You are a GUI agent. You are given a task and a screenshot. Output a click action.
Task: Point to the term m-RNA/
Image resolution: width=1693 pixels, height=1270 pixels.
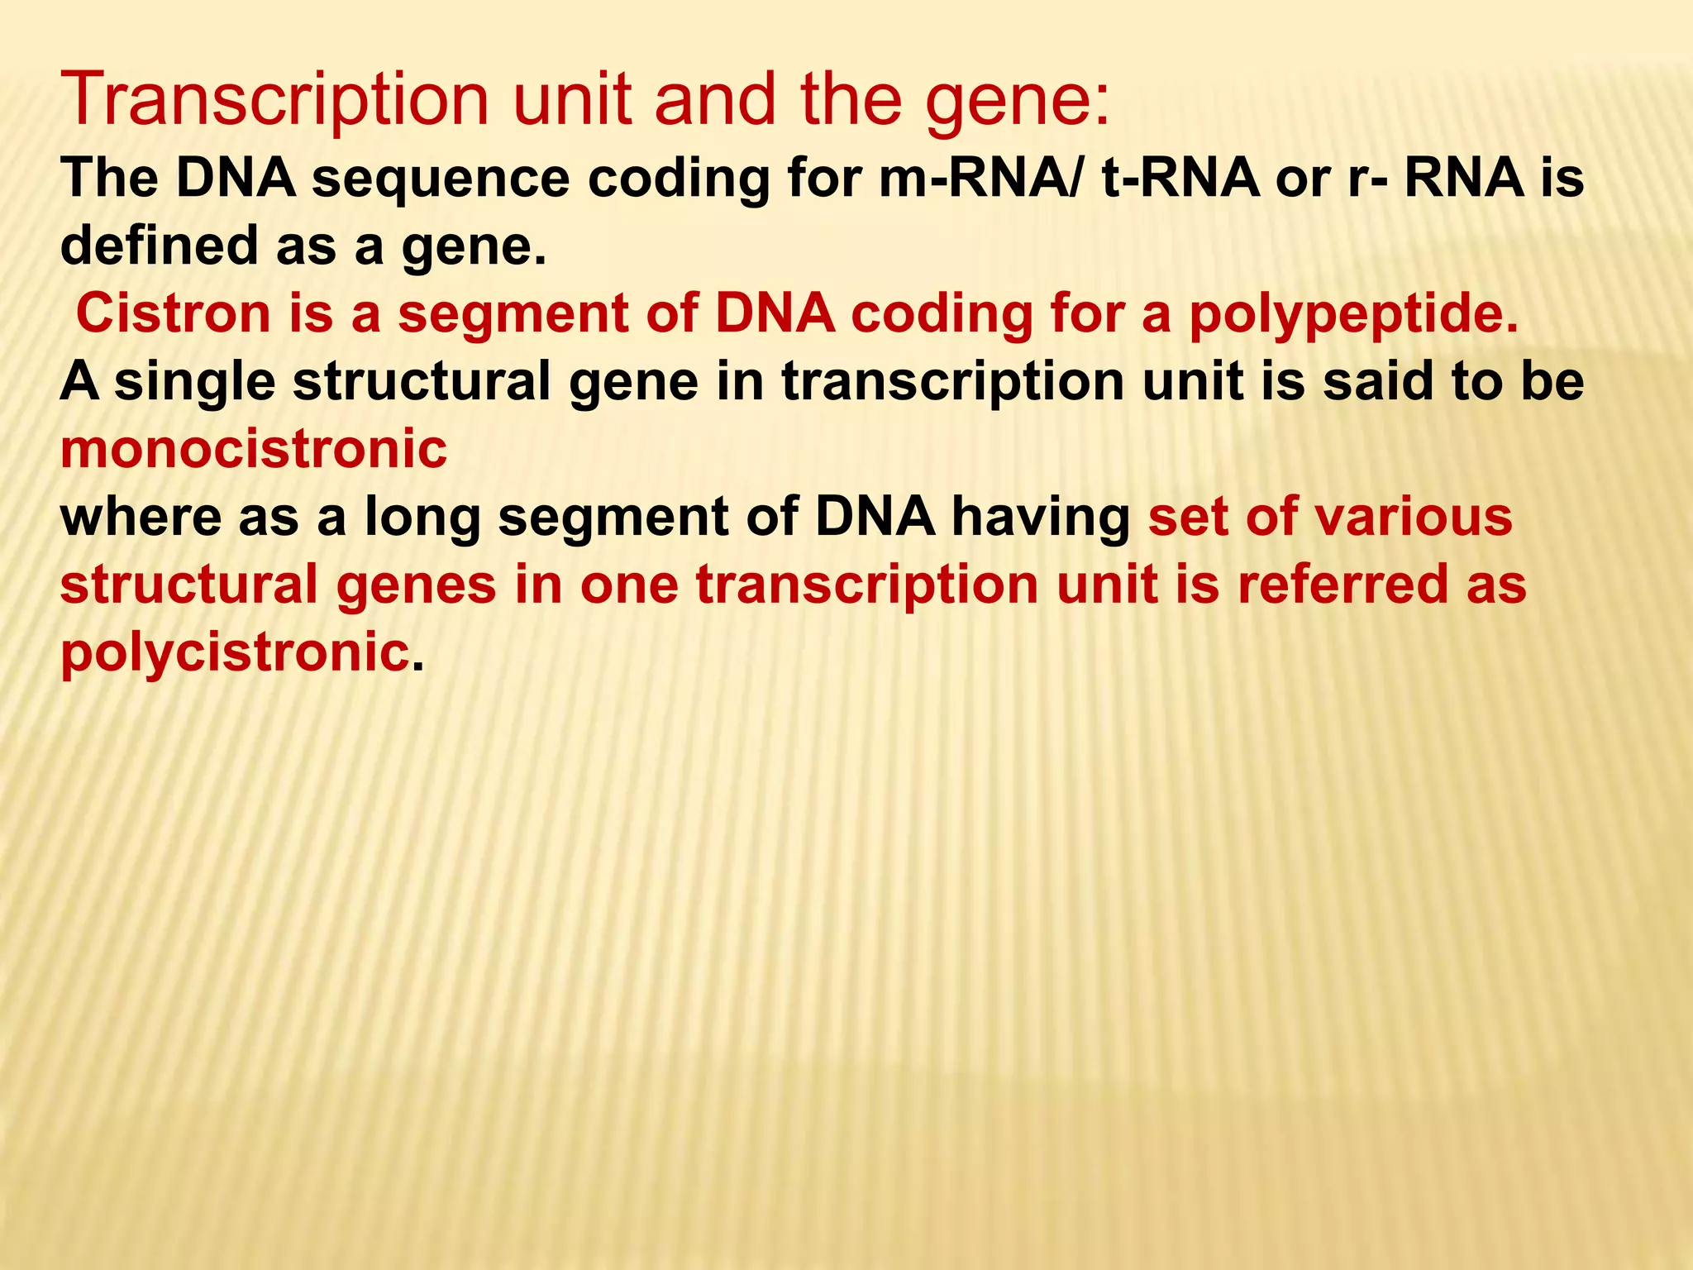[980, 179]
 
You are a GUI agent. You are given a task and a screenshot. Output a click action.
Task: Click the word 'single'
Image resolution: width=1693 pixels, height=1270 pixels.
[195, 382]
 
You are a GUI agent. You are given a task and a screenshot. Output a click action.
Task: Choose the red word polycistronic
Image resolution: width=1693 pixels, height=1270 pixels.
[235, 652]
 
